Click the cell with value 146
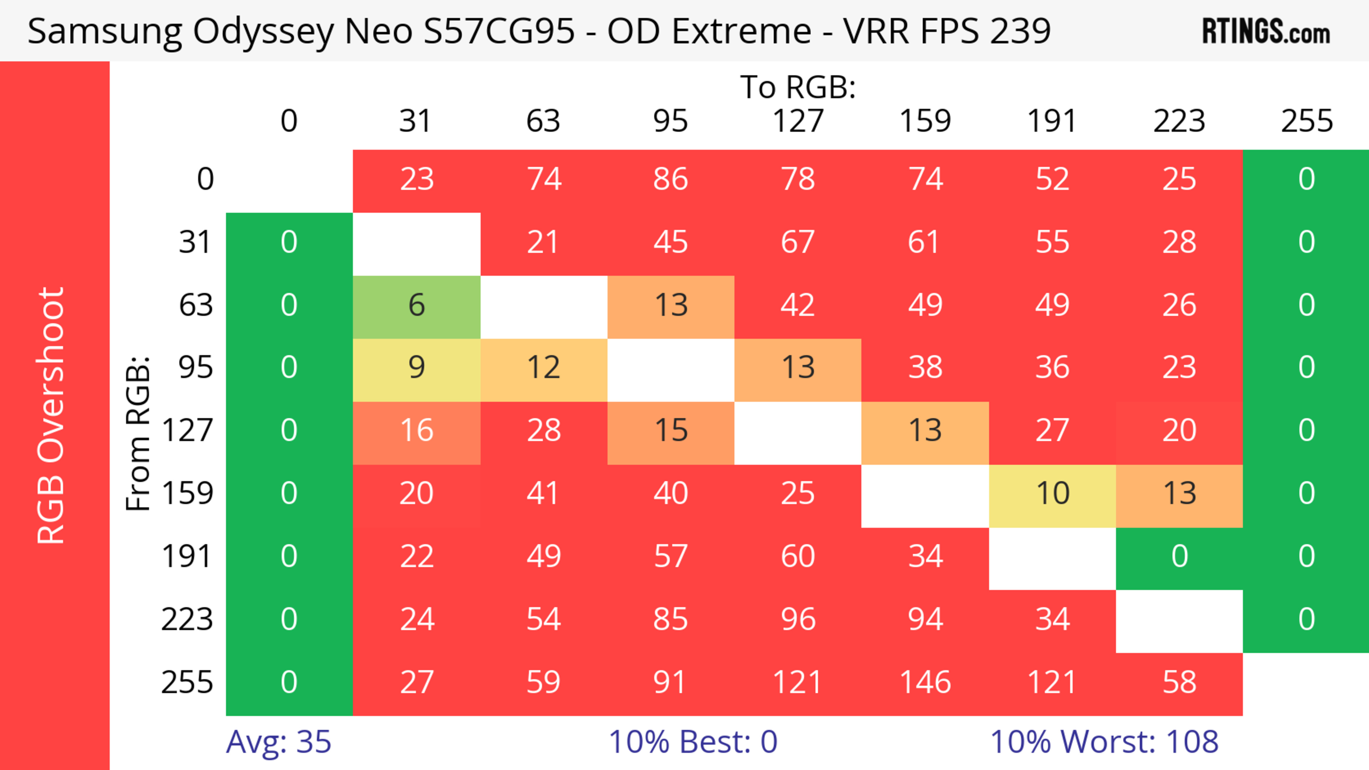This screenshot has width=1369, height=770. [925, 682]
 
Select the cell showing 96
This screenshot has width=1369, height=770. [798, 620]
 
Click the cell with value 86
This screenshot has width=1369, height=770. [671, 180]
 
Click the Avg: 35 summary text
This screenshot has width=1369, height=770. [278, 742]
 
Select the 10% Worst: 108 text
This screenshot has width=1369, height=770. [1104, 742]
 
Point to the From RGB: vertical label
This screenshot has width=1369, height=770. [138, 433]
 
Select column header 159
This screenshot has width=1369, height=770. [925, 121]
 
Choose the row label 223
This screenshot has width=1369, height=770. [187, 620]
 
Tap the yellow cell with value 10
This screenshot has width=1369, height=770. [1052, 494]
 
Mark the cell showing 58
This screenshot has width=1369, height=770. [1179, 682]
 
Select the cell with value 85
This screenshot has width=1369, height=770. [671, 620]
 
